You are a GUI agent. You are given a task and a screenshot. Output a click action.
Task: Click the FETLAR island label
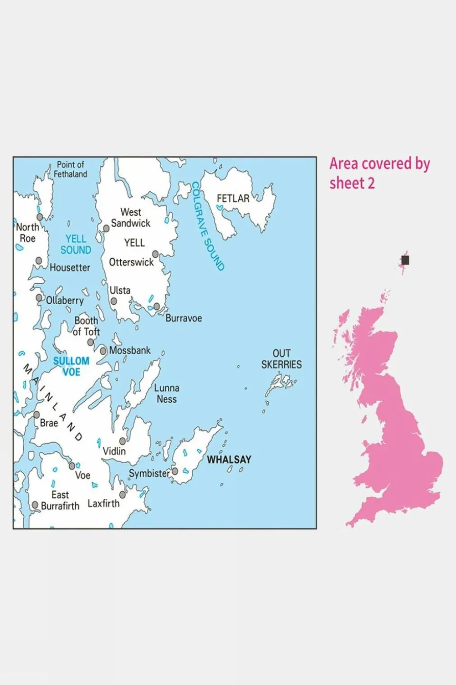[233, 199]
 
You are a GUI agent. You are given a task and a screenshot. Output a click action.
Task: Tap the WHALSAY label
[229, 459]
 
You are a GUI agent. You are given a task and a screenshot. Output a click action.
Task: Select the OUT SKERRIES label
[281, 359]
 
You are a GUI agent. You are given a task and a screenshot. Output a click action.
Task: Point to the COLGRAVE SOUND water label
[207, 226]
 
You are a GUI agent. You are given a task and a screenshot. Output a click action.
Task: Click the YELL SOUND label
[76, 244]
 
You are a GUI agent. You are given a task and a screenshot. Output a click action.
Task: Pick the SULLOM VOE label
[71, 367]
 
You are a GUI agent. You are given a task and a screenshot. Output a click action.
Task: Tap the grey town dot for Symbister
[175, 471]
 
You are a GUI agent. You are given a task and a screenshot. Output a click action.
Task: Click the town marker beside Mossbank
[103, 351]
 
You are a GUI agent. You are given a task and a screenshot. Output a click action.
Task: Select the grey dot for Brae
[37, 415]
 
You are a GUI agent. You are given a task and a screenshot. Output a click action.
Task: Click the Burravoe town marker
[156, 307]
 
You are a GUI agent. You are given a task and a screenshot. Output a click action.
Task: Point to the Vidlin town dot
[122, 441]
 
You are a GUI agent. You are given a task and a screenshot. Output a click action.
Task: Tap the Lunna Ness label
[166, 394]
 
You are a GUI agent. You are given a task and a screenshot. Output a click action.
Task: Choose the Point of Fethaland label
[70, 169]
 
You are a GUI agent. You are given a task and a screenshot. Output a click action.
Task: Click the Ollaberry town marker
[39, 298]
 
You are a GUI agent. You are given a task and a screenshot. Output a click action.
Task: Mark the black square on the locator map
[405, 260]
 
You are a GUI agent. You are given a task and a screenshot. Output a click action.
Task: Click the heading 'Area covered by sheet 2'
[379, 173]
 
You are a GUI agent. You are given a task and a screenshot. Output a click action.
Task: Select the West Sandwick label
[130, 218]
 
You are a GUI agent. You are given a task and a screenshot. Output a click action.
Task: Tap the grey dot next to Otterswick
[155, 254]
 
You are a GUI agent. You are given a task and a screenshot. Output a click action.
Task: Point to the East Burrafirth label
[60, 500]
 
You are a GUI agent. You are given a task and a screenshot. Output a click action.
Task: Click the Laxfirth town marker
[122, 495]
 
